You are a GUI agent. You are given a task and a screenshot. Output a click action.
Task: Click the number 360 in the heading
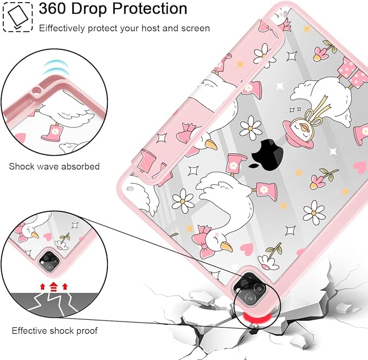point(53,9)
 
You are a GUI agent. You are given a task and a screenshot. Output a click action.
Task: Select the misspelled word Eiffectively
point(62,28)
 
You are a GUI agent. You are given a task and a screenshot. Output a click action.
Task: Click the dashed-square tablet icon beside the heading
point(18,17)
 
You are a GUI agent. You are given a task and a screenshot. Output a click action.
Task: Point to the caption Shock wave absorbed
point(54,166)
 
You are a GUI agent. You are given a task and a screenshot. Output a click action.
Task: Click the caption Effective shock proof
point(54,331)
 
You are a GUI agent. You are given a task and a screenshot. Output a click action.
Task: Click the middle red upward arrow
point(54,286)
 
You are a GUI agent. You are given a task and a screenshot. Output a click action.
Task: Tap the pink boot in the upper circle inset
point(51,133)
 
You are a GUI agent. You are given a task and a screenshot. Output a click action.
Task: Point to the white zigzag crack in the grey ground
point(50,304)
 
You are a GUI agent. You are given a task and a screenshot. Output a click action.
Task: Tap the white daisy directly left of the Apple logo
point(250,127)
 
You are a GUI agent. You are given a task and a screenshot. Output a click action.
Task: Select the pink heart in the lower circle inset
point(48,236)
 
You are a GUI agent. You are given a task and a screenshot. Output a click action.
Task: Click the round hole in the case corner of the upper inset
point(37,91)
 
